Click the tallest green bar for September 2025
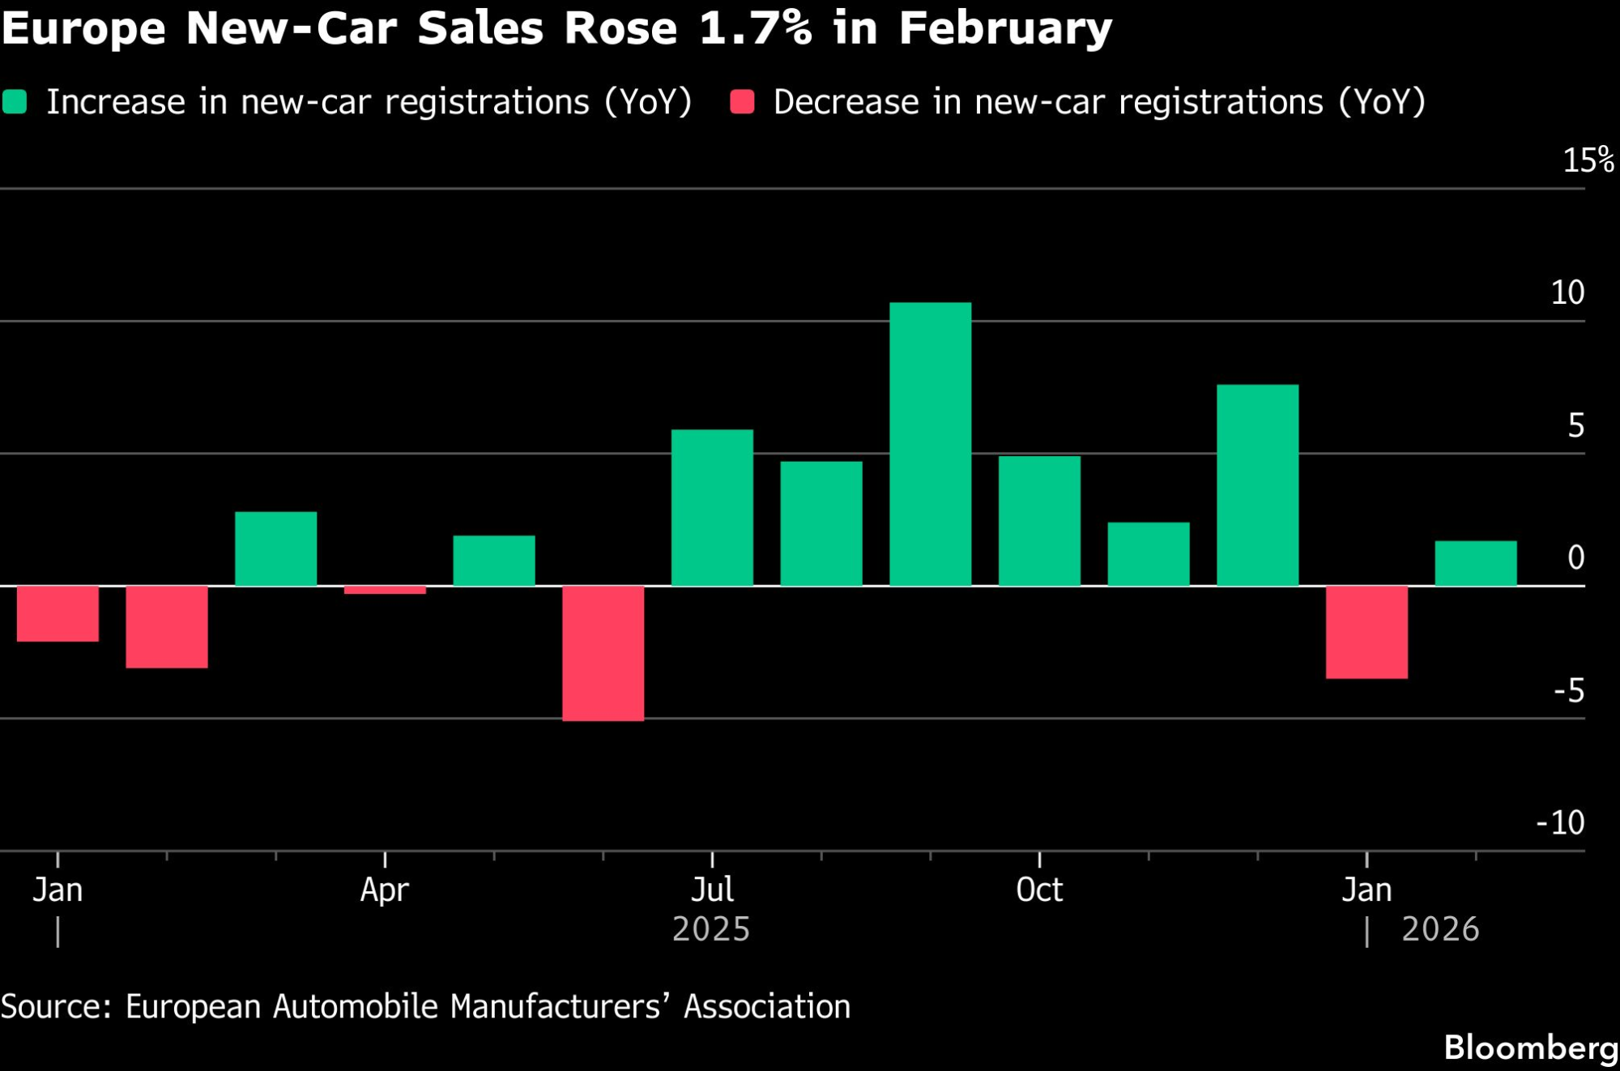pyautogui.click(x=930, y=444)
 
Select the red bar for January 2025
pyautogui.click(x=58, y=613)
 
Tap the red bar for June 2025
pyautogui.click(x=603, y=653)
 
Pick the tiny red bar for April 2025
pyautogui.click(x=385, y=590)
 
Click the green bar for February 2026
pyautogui.click(x=1476, y=563)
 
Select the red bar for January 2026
pyautogui.click(x=1366, y=632)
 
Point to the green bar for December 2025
pyautogui.click(x=1257, y=484)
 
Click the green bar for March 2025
pyautogui.click(x=275, y=548)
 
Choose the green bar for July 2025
pyautogui.click(x=712, y=507)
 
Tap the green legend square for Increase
pyautogui.click(x=15, y=102)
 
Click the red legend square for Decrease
pyautogui.click(x=742, y=102)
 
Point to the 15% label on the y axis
pyautogui.click(x=1588, y=160)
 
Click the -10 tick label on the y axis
pyautogui.click(x=1560, y=822)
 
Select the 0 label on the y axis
pyautogui.click(x=1575, y=557)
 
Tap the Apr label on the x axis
pyautogui.click(x=385, y=890)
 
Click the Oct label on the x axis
pyautogui.click(x=1039, y=890)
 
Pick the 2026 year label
pyautogui.click(x=1440, y=929)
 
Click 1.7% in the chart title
pyautogui.click(x=755, y=28)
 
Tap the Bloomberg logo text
pyautogui.click(x=1531, y=1048)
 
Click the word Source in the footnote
pyautogui.click(x=55, y=1006)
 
